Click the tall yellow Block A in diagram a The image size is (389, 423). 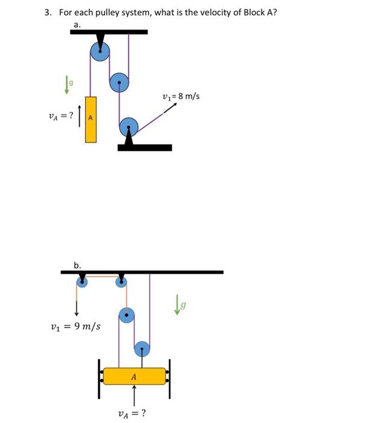[x=91, y=119]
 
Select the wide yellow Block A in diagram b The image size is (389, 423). [x=134, y=376]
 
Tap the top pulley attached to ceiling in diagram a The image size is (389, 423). [x=100, y=53]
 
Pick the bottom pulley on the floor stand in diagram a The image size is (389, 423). [x=129, y=126]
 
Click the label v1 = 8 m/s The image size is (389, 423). [x=181, y=95]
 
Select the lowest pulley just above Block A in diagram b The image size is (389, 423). [x=141, y=349]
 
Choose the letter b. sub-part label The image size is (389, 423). [x=77, y=264]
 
